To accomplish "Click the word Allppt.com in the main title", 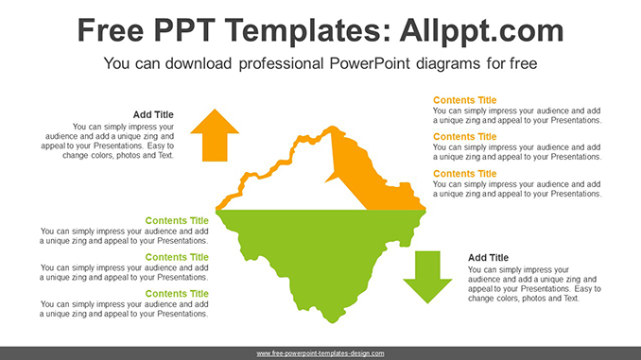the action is (481, 31).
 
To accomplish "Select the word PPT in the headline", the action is (184, 30).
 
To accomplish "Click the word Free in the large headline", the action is (111, 30).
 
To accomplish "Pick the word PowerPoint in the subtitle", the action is (369, 63).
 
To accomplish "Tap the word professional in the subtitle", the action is (281, 64).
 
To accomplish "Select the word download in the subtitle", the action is (199, 63).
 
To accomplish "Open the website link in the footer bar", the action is (320, 353).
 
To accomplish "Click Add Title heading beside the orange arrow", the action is (153, 114).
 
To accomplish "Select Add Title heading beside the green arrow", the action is (488, 257).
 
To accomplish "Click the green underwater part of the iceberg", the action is (323, 253).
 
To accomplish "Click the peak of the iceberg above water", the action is (333, 127).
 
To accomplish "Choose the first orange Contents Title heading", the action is (465, 100).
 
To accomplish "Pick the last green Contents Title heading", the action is (177, 294).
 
